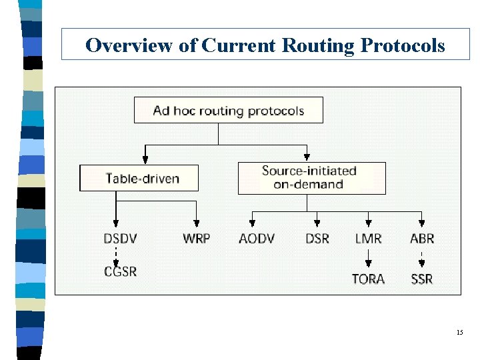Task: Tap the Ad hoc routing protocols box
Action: pos(228,110)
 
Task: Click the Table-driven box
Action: pos(139,178)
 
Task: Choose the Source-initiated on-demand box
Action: pos(311,178)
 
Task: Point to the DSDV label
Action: pos(121,238)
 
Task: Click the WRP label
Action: pos(196,238)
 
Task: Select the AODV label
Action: pos(256,238)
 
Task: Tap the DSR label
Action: pos(317,238)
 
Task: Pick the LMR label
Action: pos(368,238)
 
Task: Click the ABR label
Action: pos(422,238)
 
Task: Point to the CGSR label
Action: pos(120,271)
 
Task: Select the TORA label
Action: pos(368,279)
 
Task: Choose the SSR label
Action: pos(422,279)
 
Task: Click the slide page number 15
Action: pos(459,332)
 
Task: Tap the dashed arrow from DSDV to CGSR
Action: pos(117,255)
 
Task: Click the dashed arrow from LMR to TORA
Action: pos(368,258)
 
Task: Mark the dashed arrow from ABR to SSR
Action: pos(422,258)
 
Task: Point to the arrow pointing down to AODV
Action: pos(252,219)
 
